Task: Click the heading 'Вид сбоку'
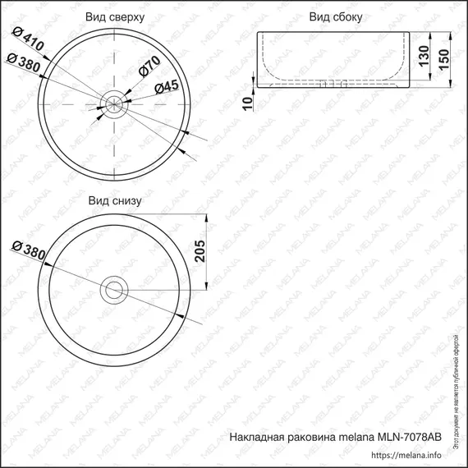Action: [337, 16]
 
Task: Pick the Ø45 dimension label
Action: [165, 85]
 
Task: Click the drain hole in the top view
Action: [114, 103]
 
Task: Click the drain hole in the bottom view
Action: [114, 289]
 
